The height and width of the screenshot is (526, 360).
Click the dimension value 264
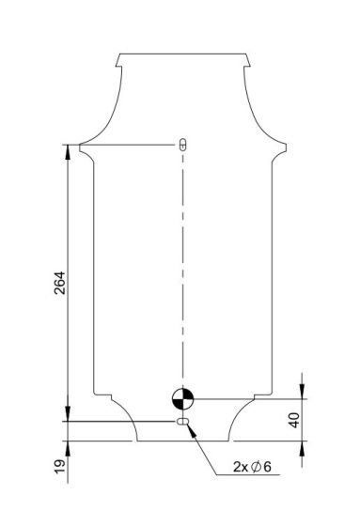coord(60,283)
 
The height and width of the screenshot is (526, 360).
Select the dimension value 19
coord(60,467)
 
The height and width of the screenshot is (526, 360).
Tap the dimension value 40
coord(294,421)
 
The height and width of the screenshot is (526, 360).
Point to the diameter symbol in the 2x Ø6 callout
coord(256,467)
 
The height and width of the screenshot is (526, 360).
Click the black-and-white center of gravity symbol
coord(182,399)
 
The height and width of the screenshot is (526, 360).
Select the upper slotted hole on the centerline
coord(182,145)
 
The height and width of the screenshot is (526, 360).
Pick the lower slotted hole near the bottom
coord(182,422)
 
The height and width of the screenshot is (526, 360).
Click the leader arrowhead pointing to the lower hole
coord(191,430)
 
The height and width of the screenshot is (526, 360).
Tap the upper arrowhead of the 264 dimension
coord(68,151)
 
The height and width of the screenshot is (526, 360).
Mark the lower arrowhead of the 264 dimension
coord(68,414)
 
